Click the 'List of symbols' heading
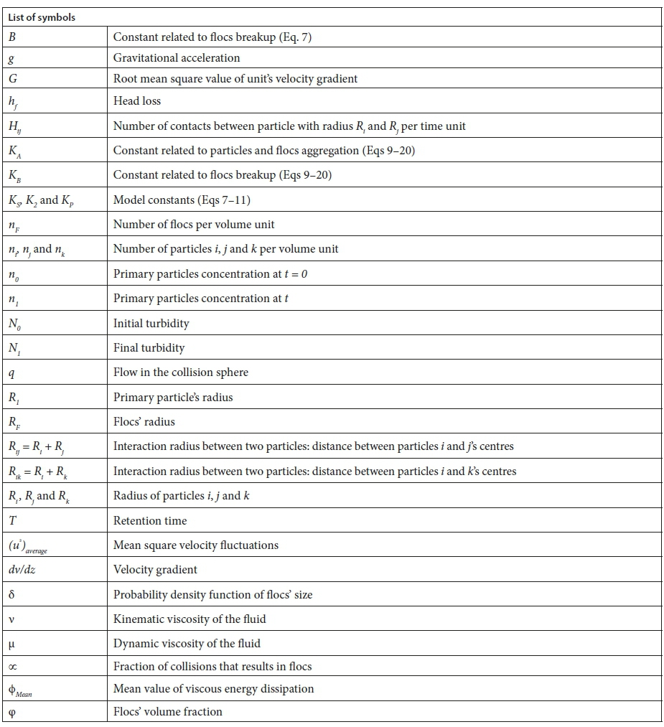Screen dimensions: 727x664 [x=42, y=17]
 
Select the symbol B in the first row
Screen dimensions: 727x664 [x=12, y=37]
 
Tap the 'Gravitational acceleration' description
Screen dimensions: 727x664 [x=177, y=57]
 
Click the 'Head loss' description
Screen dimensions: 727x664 [x=137, y=101]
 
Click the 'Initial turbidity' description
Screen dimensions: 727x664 [x=151, y=323]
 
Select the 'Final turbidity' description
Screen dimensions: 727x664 [x=149, y=347]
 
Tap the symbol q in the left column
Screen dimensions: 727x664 [x=11, y=372]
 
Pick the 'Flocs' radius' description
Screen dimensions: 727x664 [x=144, y=421]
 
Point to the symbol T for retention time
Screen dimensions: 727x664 [x=12, y=520]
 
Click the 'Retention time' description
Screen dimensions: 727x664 [x=150, y=520]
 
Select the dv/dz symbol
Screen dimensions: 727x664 [x=22, y=570]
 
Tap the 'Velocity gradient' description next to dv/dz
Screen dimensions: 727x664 [x=155, y=570]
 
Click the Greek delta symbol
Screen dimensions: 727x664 [x=11, y=594]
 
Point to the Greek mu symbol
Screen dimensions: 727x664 [x=11, y=643]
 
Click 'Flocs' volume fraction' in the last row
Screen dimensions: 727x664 [x=168, y=711]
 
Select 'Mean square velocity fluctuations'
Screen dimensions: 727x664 [x=196, y=545]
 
